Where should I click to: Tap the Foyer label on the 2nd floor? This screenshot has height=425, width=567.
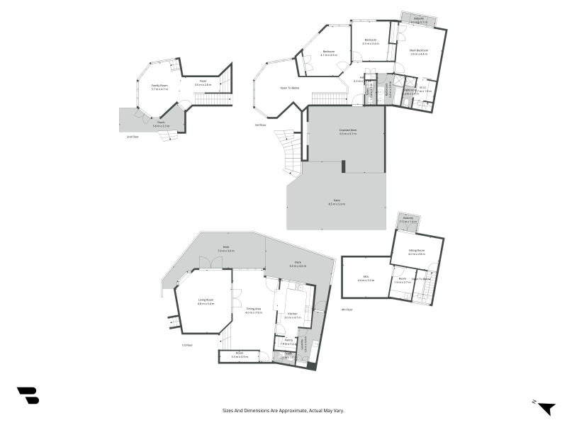coord(203,82)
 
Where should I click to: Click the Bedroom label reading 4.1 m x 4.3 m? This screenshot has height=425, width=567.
coord(328,52)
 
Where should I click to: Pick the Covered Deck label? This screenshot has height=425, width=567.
coord(347,131)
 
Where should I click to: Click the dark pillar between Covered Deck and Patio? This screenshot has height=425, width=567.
coord(344,166)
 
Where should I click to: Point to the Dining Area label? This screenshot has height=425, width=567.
coord(254,310)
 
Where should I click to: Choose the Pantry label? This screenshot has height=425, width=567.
coord(288,342)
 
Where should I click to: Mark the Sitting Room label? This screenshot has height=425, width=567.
coord(416,251)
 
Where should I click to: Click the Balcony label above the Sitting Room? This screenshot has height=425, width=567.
coord(407,220)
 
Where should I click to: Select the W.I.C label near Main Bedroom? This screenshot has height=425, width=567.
coord(422,89)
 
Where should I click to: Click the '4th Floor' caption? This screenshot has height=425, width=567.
coord(347,310)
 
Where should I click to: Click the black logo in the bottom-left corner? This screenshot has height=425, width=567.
coord(28,395)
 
